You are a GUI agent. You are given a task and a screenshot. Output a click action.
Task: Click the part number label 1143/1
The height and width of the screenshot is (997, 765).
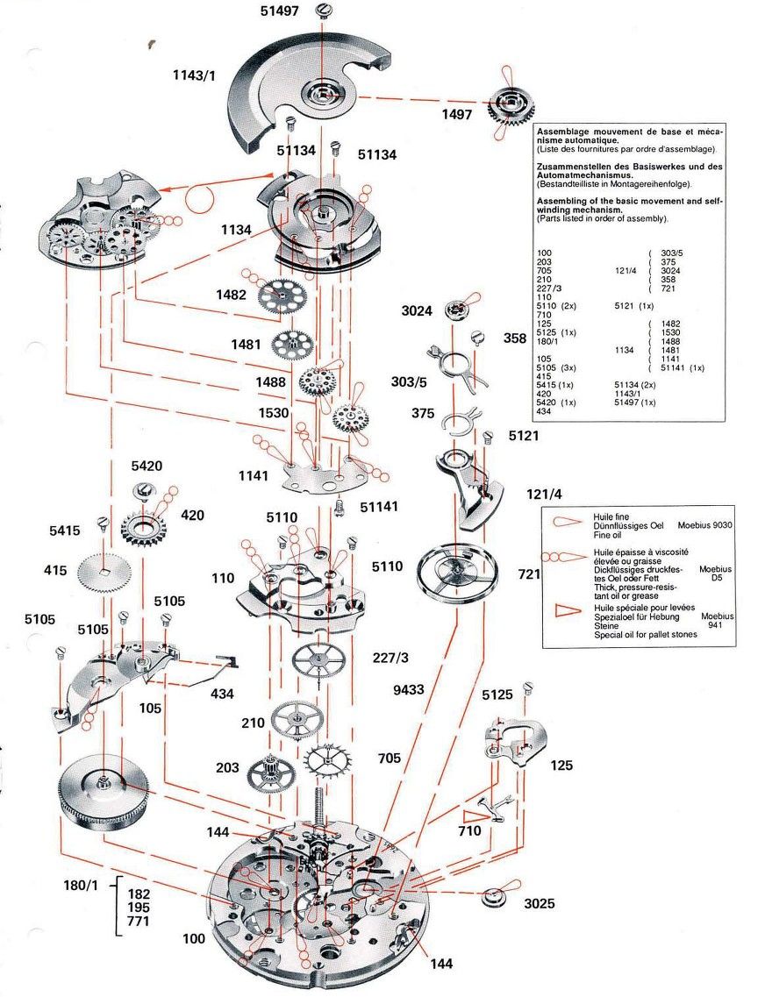pyautogui.click(x=194, y=75)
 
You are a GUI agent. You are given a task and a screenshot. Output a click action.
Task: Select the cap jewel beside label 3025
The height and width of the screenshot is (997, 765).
pyautogui.click(x=497, y=897)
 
